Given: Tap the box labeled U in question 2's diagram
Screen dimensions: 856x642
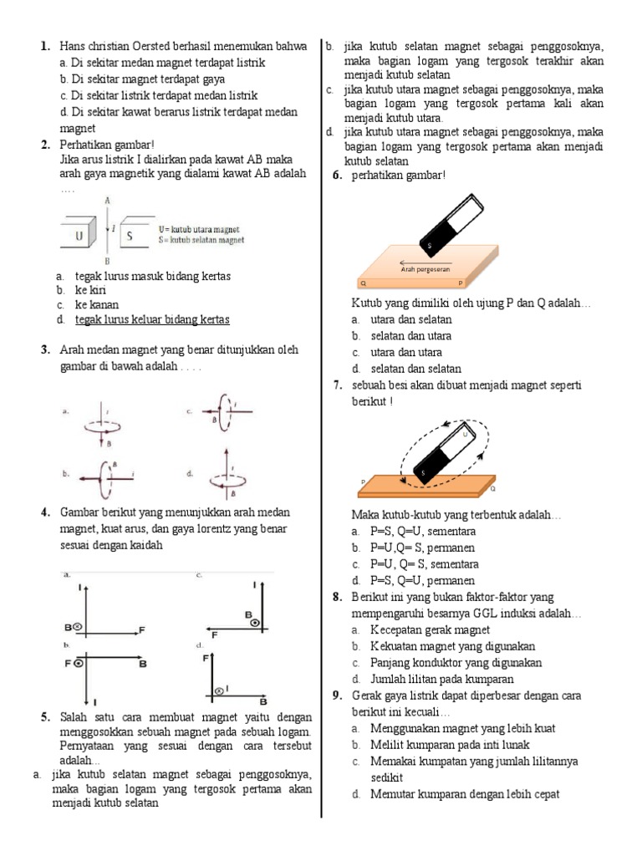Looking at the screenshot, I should [x=80, y=236].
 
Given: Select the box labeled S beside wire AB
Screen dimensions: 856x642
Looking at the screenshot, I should [x=131, y=236].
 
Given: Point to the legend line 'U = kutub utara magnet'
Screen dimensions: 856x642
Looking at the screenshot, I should [x=199, y=228].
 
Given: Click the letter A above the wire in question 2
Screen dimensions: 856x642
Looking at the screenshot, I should [x=107, y=201].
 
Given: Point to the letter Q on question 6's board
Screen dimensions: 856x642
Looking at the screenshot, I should [x=363, y=283].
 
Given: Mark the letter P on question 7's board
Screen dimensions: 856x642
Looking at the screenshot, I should [x=363, y=481].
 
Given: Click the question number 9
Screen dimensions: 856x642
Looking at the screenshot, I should [x=336, y=695].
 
